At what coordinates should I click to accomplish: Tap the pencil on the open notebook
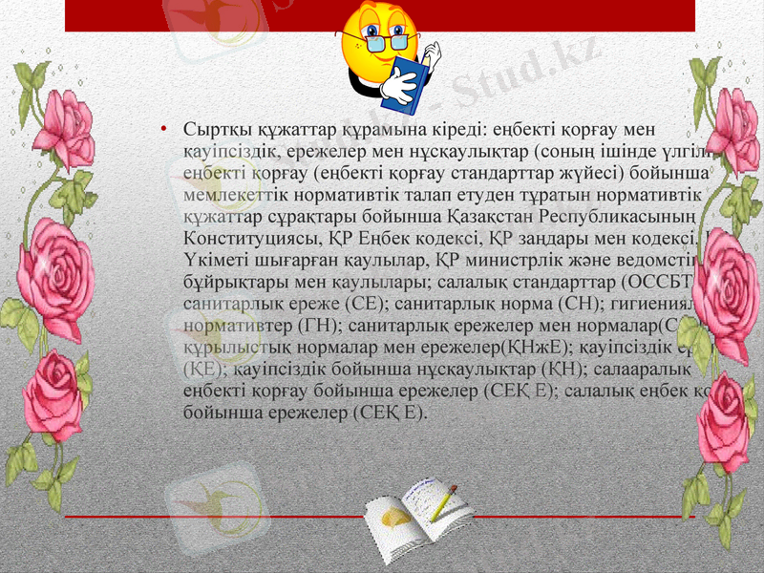tap(444, 502)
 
